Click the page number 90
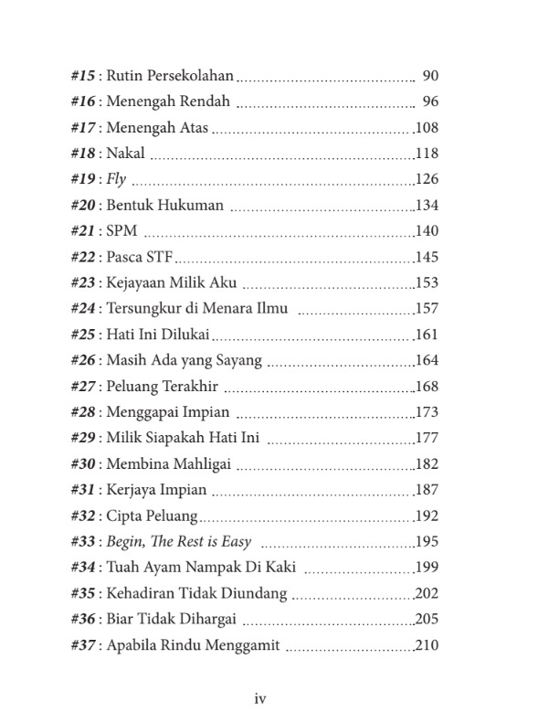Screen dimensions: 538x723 click(432, 75)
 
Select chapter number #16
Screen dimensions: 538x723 click(84, 101)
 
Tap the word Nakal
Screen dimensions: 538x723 click(126, 153)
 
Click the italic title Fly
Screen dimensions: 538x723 click(117, 179)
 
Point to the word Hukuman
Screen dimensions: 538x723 click(191, 205)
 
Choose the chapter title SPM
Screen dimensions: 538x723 click(121, 231)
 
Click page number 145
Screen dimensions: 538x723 click(427, 257)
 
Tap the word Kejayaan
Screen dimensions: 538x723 click(139, 282)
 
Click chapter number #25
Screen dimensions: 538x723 click(84, 335)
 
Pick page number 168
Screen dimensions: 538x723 click(427, 386)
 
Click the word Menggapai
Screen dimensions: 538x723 click(142, 412)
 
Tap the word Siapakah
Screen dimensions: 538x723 click(175, 438)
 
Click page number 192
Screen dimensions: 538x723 click(427, 516)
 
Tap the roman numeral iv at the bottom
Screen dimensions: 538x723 click(259, 699)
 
